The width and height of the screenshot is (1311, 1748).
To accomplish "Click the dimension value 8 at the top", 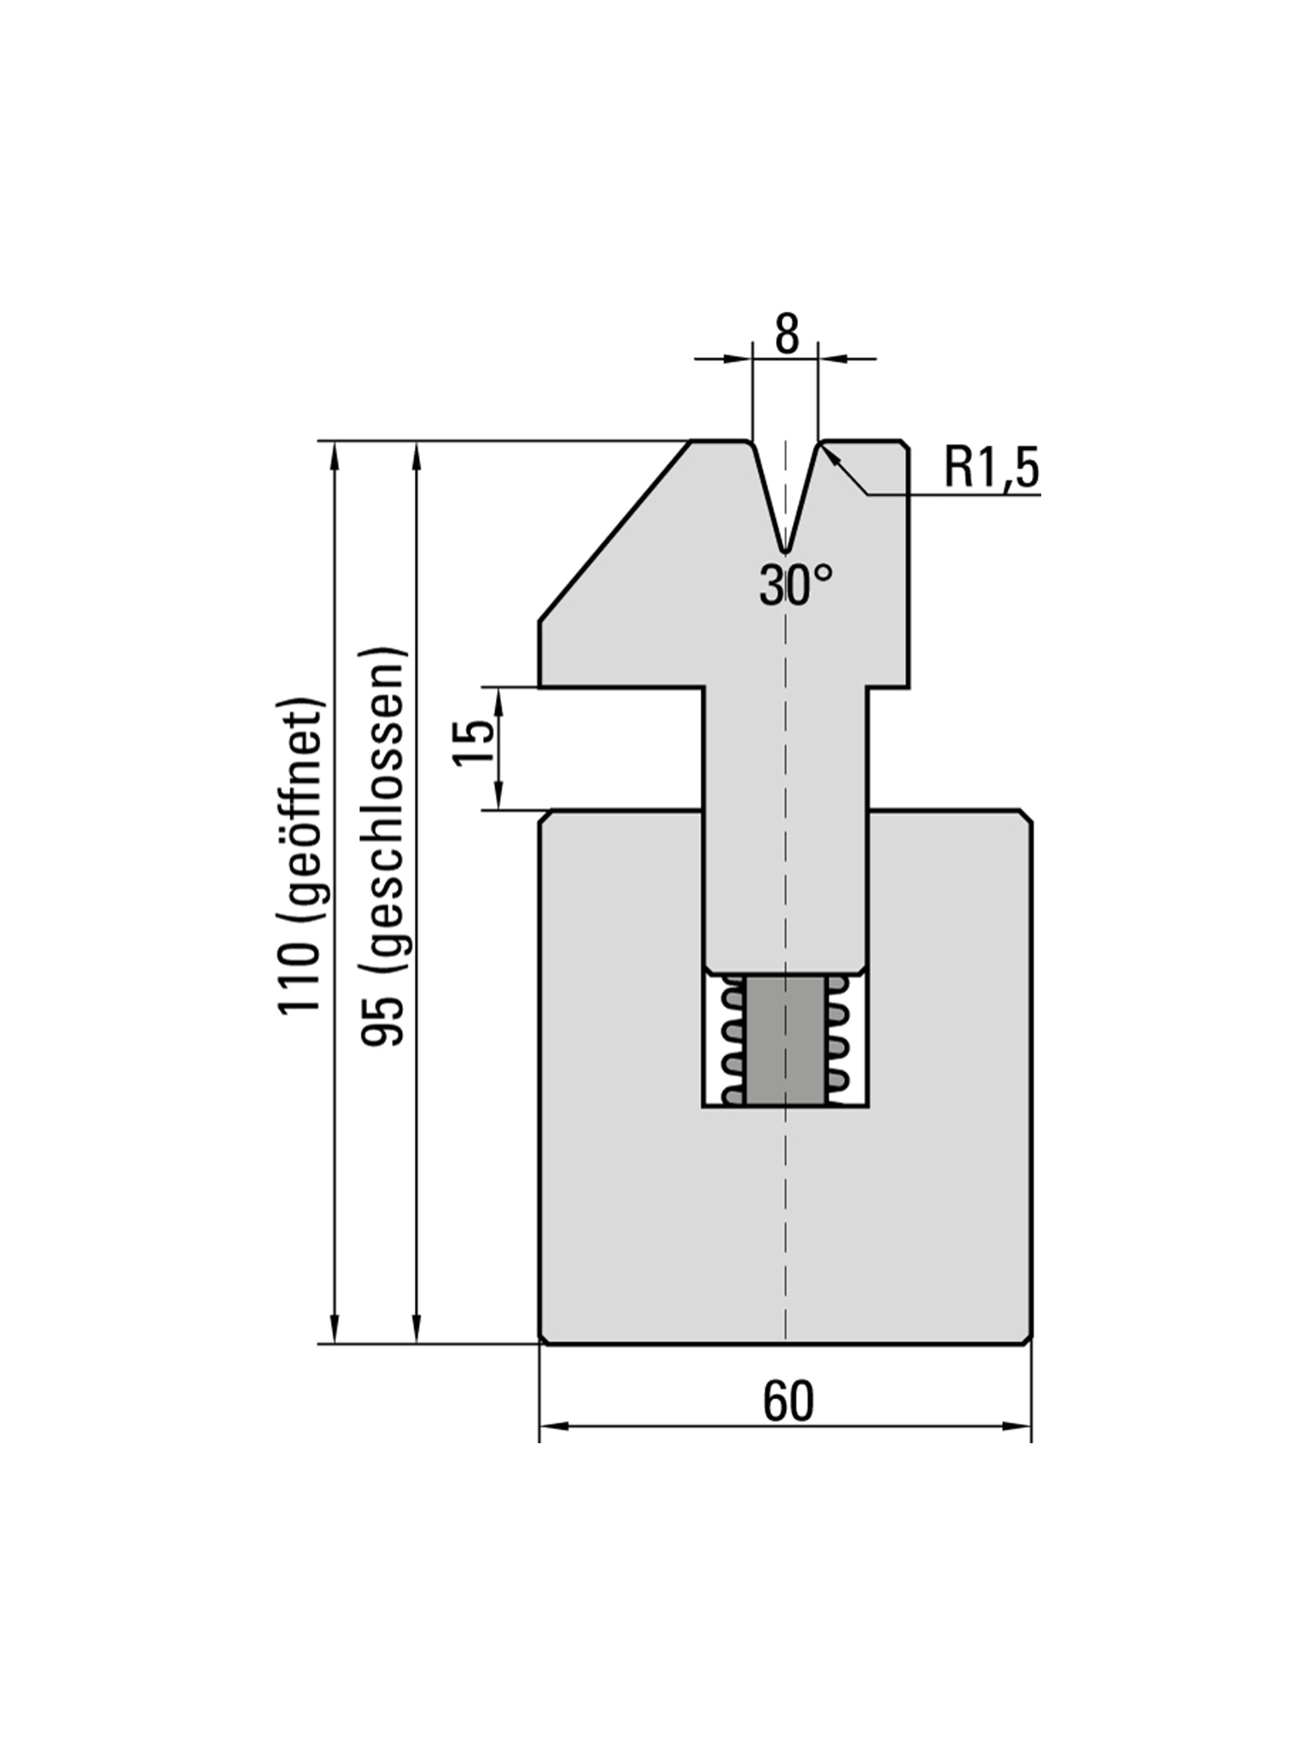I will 787,336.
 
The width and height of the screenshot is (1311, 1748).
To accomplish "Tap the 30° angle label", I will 795,586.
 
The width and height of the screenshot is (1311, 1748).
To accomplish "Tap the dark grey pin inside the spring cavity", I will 786,1040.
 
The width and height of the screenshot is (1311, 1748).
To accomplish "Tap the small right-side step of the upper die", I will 888,685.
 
